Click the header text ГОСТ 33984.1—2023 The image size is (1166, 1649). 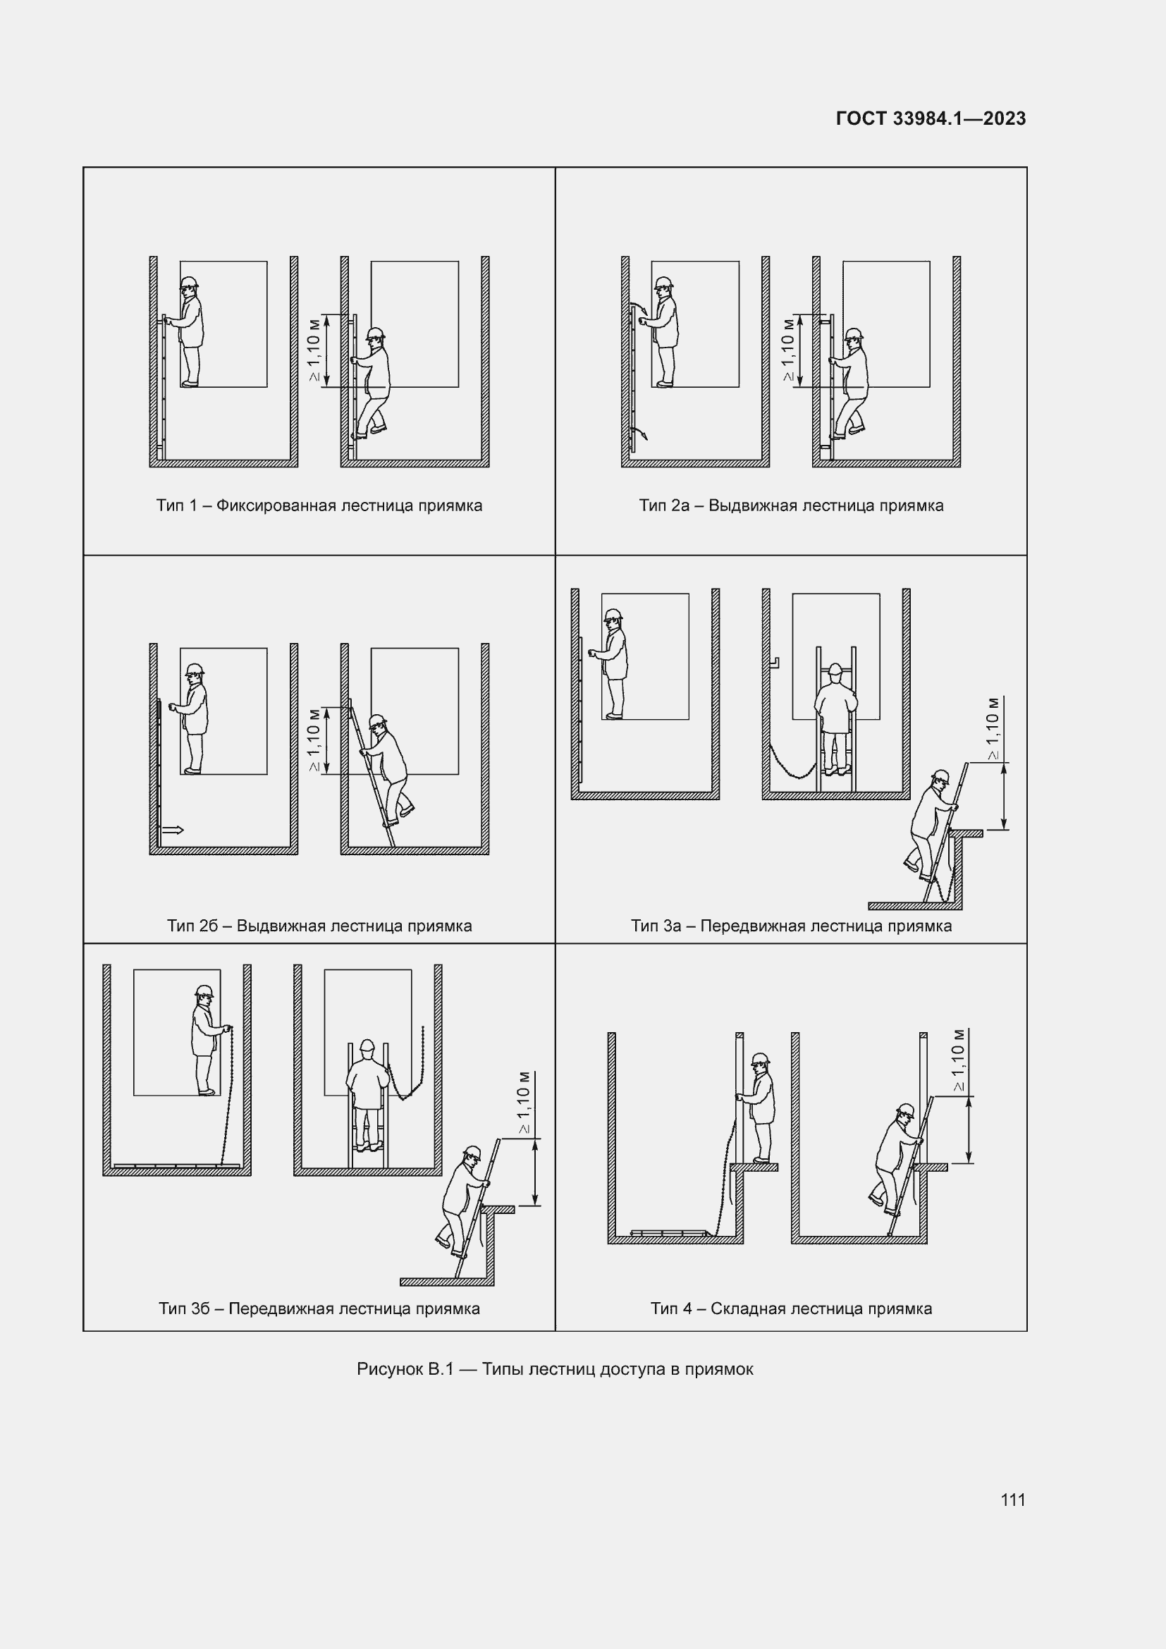point(931,118)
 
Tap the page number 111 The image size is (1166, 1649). point(1012,1500)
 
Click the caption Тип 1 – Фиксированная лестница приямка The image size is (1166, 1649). point(319,505)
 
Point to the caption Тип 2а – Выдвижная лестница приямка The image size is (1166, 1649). point(791,505)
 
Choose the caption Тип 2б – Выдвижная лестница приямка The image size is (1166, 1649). point(319,926)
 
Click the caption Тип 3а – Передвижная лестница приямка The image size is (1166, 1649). point(791,926)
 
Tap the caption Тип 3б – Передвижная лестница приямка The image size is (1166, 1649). point(319,1308)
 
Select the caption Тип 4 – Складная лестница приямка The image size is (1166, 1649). point(791,1308)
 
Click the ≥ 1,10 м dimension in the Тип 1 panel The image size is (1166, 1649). point(314,350)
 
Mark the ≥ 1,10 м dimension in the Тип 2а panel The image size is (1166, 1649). point(787,350)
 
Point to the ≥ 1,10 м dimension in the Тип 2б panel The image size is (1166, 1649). point(314,740)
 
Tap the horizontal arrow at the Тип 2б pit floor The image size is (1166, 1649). point(172,830)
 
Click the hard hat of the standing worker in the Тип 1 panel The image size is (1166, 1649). point(189,281)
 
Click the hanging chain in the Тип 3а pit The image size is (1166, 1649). point(792,764)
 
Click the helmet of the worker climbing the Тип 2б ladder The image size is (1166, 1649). point(378,720)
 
